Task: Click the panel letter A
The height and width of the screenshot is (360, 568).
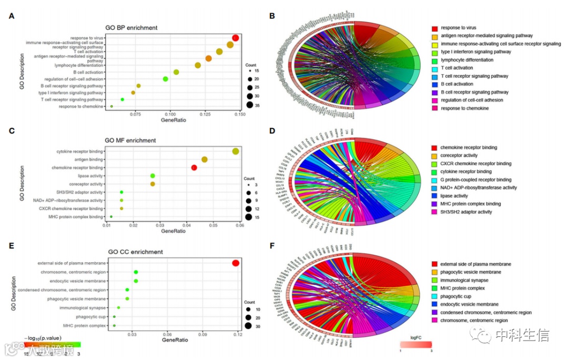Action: pos(12,16)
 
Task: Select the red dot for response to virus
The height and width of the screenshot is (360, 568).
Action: pos(236,38)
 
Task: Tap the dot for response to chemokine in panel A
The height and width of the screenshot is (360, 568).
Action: pos(111,107)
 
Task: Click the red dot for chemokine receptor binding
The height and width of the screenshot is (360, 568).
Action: pos(194,168)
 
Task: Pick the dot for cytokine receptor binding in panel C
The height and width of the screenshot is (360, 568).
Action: pos(236,152)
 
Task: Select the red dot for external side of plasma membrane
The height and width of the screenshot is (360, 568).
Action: pos(236,263)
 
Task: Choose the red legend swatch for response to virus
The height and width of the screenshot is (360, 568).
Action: pos(435,28)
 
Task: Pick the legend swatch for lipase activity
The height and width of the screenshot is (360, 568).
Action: pos(435,196)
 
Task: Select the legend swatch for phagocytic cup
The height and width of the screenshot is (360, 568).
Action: pos(435,296)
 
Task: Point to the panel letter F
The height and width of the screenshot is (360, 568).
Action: pos(272,245)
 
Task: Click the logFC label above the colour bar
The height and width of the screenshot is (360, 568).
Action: pos(416,338)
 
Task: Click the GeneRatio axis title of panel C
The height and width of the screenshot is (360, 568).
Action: pos(174,231)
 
